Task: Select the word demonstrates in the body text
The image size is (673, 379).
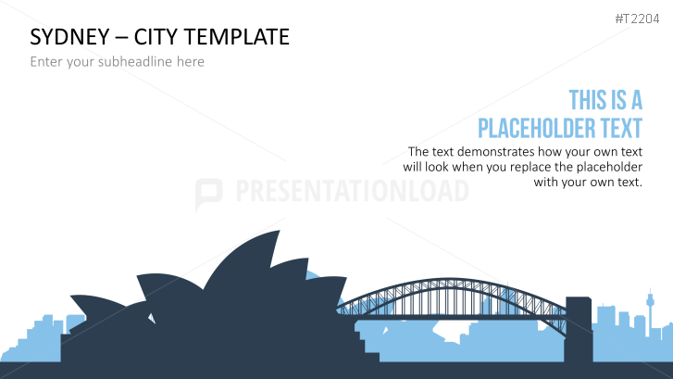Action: [500, 152]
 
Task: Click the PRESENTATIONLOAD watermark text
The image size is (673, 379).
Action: [353, 192]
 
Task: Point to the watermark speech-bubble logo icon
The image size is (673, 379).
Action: [209, 193]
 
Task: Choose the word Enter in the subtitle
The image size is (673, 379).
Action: [47, 62]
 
